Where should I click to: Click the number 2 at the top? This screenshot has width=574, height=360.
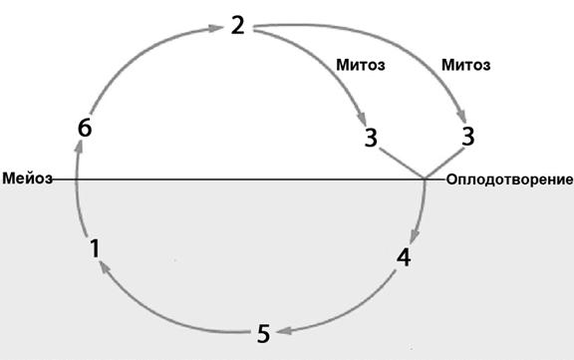238,26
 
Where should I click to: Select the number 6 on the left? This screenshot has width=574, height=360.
85,129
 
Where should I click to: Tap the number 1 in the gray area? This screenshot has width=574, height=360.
95,248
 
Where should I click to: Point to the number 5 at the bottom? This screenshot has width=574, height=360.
263,334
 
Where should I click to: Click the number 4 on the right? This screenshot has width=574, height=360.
404,257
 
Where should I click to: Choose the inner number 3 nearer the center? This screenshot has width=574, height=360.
371,138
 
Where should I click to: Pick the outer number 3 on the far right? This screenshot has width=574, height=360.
467,137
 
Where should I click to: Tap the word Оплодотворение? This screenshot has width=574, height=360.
509,180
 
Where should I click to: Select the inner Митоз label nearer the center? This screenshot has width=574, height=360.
361,65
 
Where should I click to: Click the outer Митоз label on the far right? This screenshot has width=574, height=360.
466,65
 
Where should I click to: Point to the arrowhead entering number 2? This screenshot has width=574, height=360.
215,28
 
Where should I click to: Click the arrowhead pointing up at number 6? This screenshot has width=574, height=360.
79,148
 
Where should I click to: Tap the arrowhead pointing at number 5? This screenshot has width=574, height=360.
284,331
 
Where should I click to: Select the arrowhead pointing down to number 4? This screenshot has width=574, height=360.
415,236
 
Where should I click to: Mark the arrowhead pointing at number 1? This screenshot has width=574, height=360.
105,267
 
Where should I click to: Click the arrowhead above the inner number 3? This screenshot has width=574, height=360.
362,120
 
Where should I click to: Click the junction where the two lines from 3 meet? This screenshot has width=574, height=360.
425,180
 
